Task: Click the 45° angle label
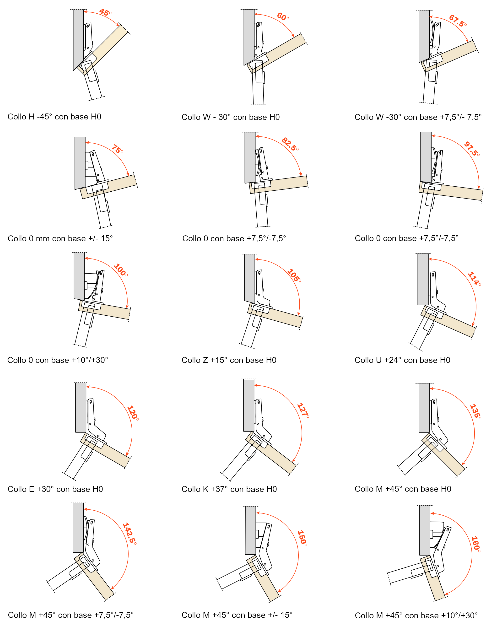[x=105, y=12]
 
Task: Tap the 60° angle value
[x=282, y=16]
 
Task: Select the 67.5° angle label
[x=458, y=21]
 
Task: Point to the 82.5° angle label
[x=290, y=144]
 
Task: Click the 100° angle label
[x=120, y=270]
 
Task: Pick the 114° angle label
[x=474, y=279]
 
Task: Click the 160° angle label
[x=475, y=544]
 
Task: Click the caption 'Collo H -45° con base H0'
[x=54, y=117]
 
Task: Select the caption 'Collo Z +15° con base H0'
[x=229, y=360]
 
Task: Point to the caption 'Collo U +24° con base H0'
[x=402, y=360]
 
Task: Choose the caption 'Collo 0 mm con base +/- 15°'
[x=60, y=238]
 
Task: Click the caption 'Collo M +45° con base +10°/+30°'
[x=416, y=615]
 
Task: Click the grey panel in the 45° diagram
[x=78, y=38]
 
